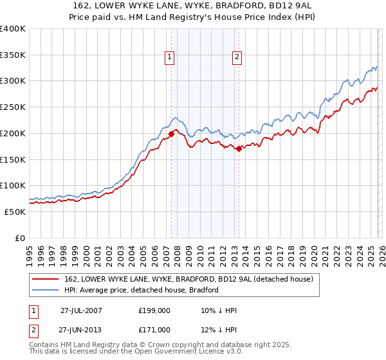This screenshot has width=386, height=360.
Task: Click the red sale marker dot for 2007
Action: click(172, 134)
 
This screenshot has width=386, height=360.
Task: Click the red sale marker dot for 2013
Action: click(239, 148)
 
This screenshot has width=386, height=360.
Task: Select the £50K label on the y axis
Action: click(15, 212)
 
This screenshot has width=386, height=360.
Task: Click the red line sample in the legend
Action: click(47, 279)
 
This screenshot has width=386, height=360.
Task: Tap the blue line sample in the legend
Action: click(47, 290)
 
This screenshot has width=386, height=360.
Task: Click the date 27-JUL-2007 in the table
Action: click(81, 310)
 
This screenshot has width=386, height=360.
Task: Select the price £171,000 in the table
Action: click(154, 329)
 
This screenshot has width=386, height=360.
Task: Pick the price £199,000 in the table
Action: click(154, 310)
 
